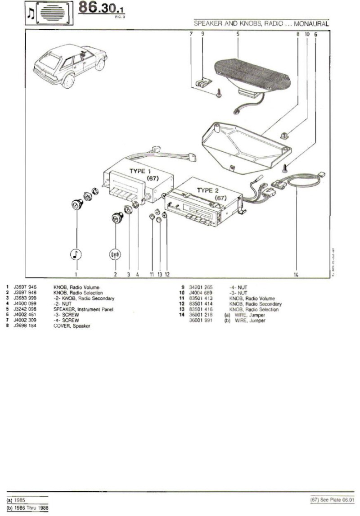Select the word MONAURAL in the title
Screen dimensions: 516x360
point(312,23)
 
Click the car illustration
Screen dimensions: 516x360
point(61,68)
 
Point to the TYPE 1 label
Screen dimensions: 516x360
point(141,172)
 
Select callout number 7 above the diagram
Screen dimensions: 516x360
point(191,34)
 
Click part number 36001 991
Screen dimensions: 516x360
point(201,321)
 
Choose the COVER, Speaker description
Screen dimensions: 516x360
point(71,326)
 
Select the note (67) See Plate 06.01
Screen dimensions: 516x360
point(333,500)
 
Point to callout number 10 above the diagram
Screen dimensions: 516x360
point(306,34)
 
